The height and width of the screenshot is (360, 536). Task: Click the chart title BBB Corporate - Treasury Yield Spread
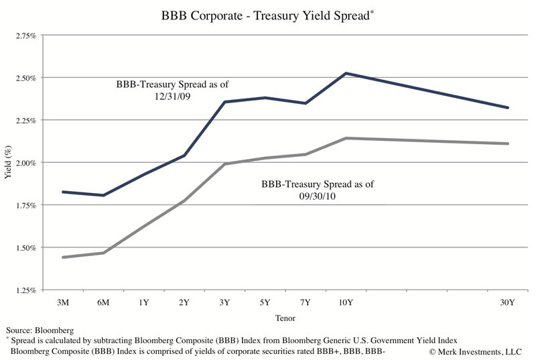(x=265, y=14)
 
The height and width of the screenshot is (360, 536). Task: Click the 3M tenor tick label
(x=65, y=302)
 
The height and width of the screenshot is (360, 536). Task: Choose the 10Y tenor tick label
(x=345, y=302)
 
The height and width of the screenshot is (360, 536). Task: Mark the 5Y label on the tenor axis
(x=266, y=302)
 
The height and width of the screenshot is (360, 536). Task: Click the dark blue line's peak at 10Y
(x=345, y=73)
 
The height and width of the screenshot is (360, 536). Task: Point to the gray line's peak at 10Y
(x=345, y=138)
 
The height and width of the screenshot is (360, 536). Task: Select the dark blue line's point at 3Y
(x=224, y=102)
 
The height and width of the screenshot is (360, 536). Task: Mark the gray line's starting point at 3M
(x=63, y=257)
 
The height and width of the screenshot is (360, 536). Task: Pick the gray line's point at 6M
(x=104, y=253)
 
